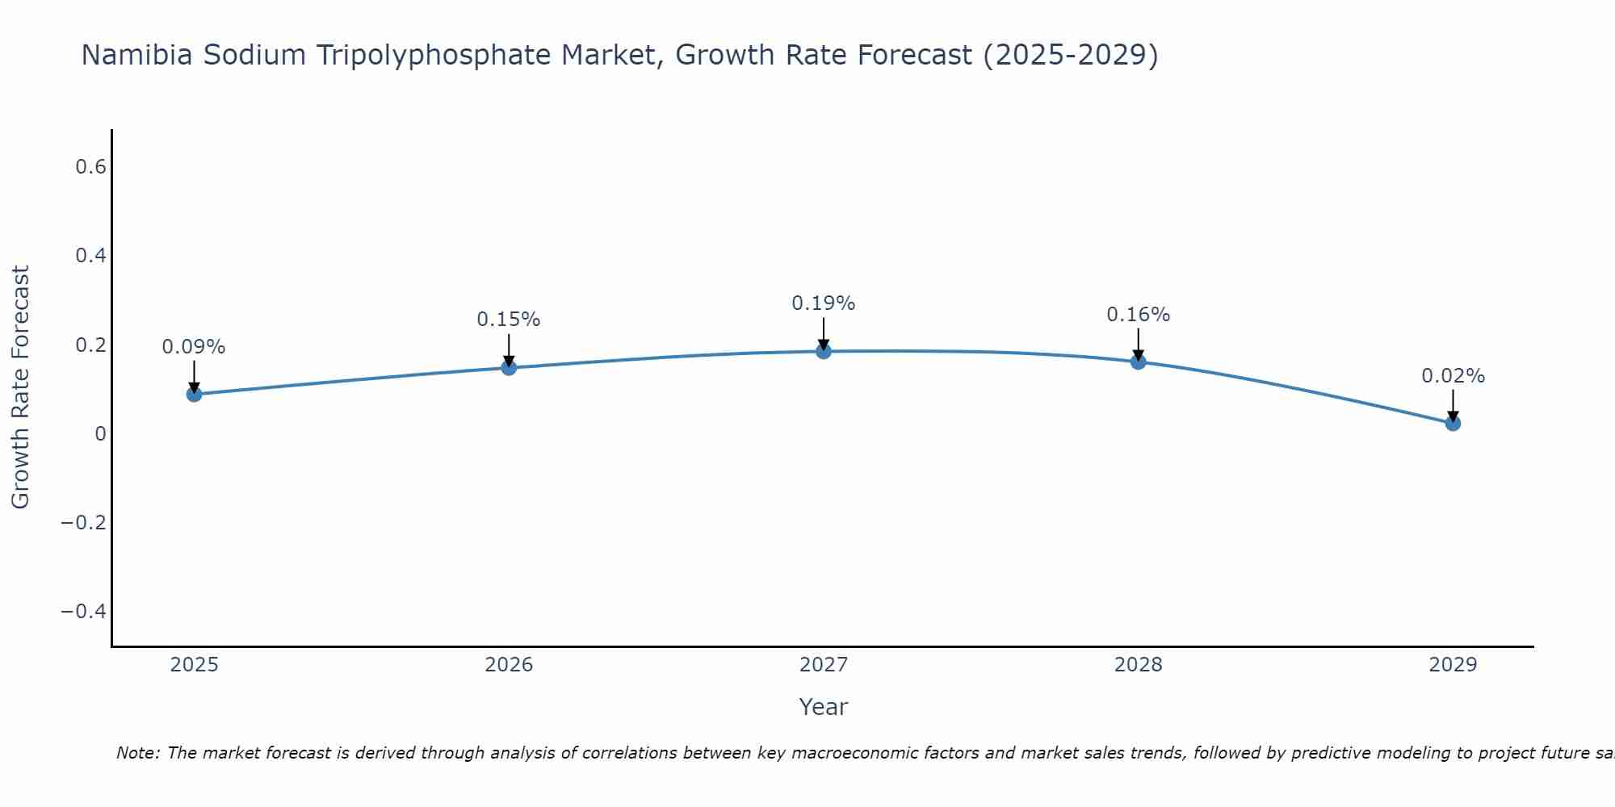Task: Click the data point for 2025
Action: (x=194, y=394)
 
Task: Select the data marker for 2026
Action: (x=509, y=368)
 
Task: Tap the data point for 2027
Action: (x=824, y=351)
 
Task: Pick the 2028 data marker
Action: (x=1139, y=362)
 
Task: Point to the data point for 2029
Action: (x=1453, y=423)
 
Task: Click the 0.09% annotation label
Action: (x=194, y=347)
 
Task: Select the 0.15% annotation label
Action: (x=509, y=320)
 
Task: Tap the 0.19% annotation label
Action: (x=824, y=303)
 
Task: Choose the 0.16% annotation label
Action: (x=1139, y=315)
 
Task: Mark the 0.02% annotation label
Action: (x=1453, y=376)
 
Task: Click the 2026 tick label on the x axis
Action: (x=509, y=665)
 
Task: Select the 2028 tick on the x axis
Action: (x=1139, y=665)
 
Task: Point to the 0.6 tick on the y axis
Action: (x=91, y=167)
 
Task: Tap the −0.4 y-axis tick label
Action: (x=84, y=611)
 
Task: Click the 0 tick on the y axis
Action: (x=100, y=433)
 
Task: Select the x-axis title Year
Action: (x=824, y=707)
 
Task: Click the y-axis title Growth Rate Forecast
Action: (x=20, y=387)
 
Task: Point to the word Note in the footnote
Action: (x=137, y=753)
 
